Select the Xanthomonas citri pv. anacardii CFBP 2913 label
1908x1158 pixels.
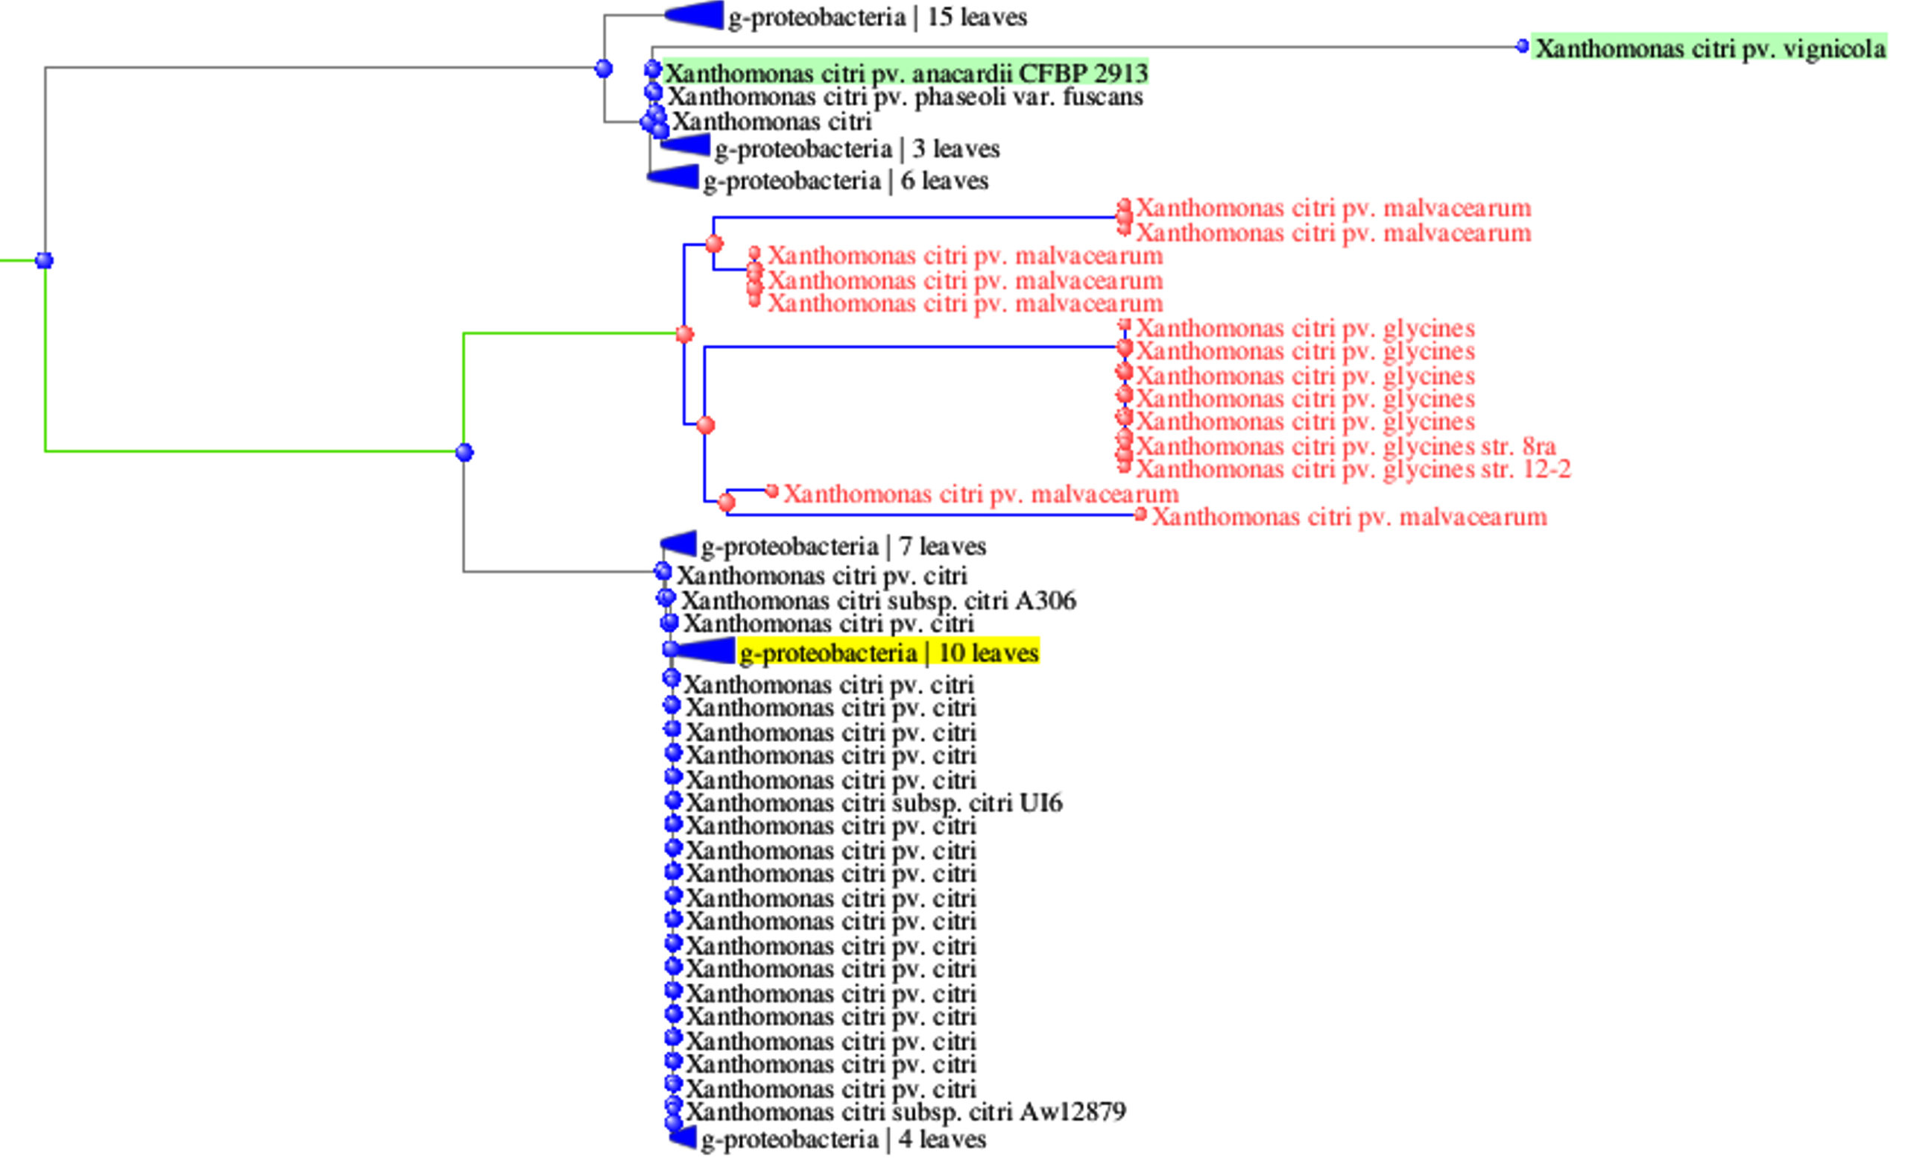pyautogui.click(x=906, y=73)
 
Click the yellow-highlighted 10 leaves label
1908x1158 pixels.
pyautogui.click(x=888, y=653)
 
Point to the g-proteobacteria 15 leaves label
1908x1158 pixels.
pyautogui.click(x=876, y=17)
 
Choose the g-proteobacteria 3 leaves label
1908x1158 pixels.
pyautogui.click(x=856, y=148)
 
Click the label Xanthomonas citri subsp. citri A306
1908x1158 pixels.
pyautogui.click(x=878, y=600)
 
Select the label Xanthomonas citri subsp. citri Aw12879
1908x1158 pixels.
pyautogui.click(x=906, y=1112)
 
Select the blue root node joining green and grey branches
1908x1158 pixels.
pyautogui.click(x=45, y=260)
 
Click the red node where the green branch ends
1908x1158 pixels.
pyautogui.click(x=684, y=335)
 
